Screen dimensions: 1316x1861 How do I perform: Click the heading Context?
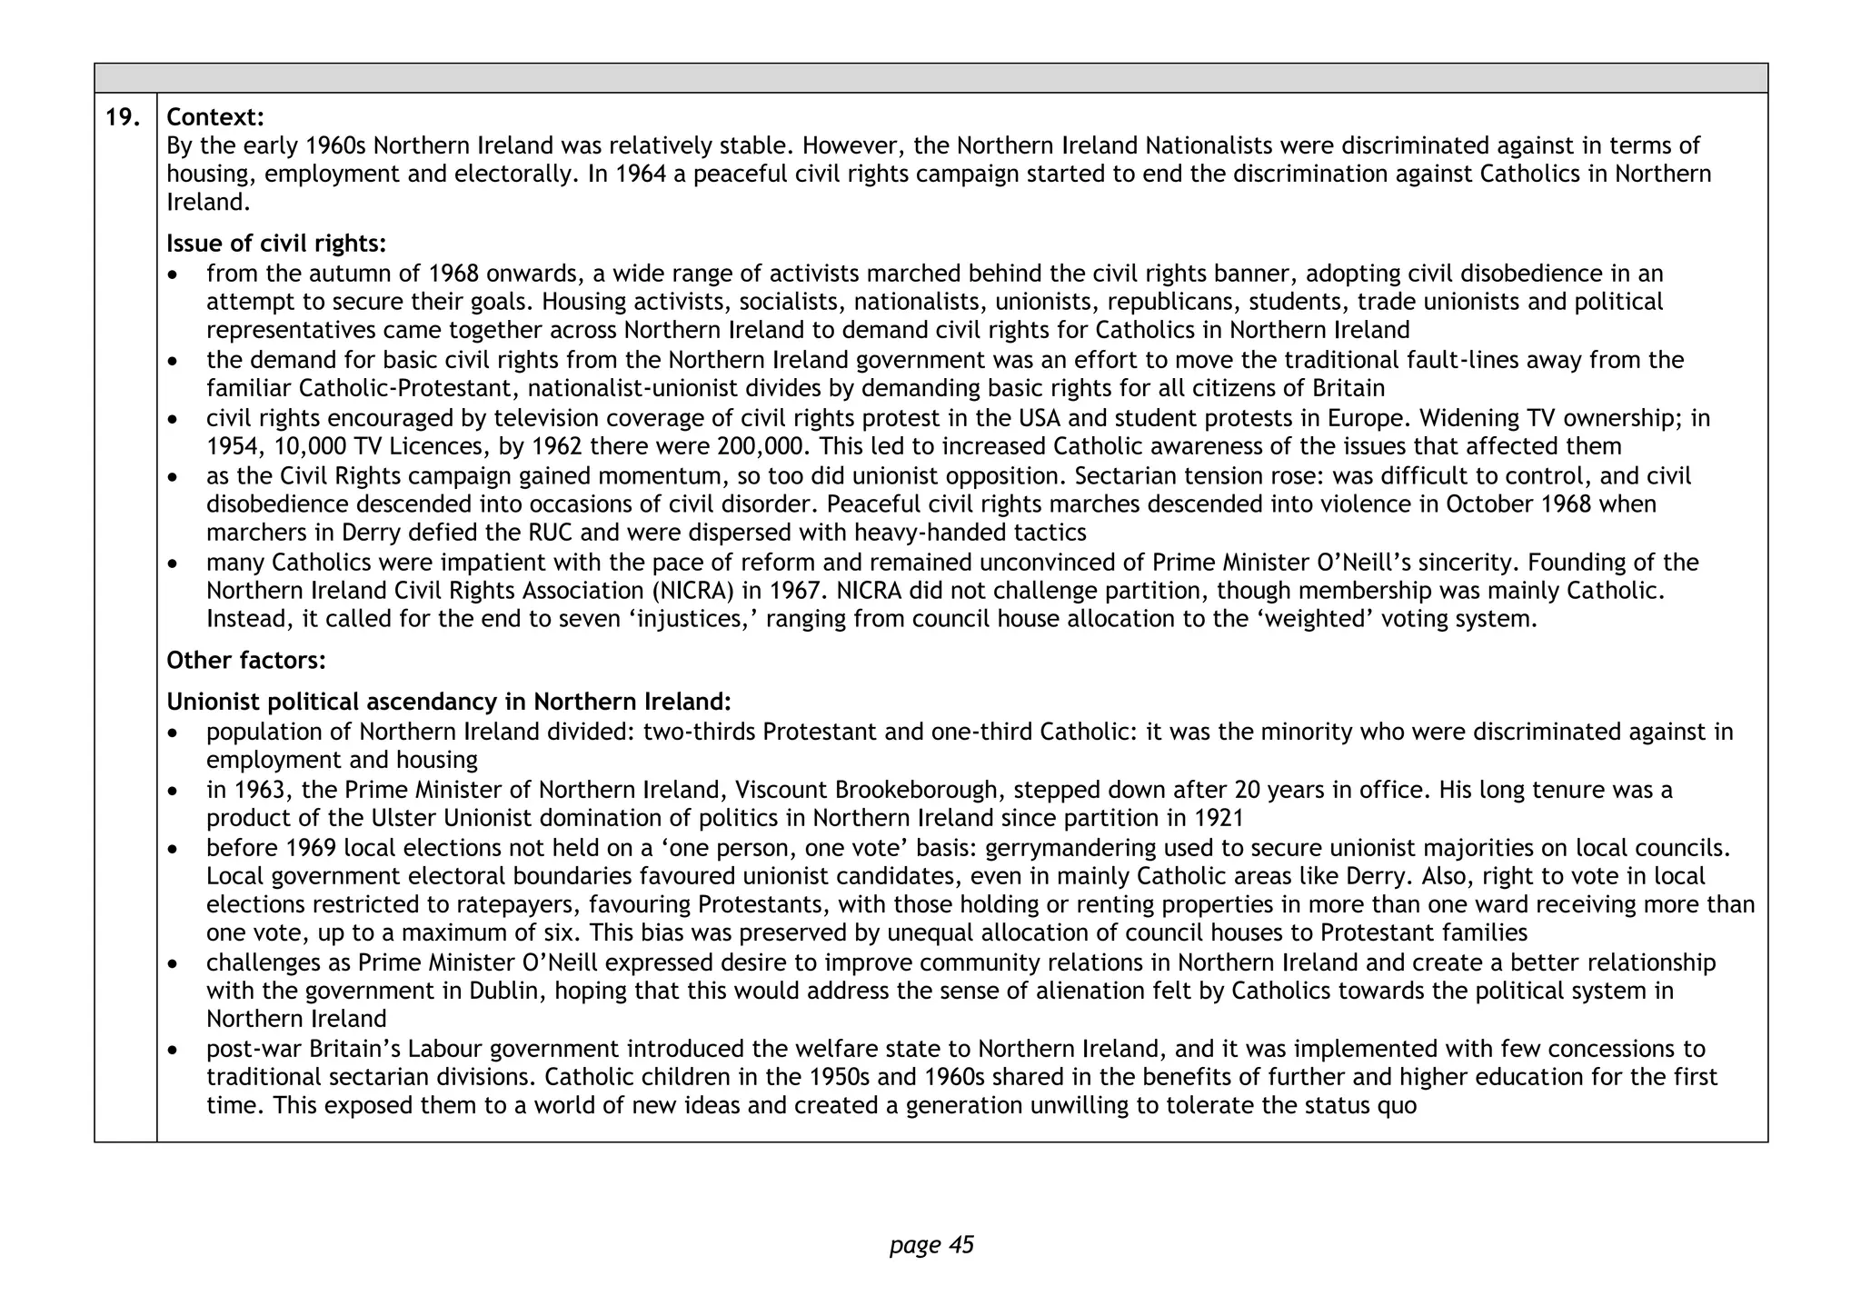[215, 117]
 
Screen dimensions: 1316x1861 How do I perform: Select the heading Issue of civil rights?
[276, 244]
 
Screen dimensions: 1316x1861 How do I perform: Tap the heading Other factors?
[245, 661]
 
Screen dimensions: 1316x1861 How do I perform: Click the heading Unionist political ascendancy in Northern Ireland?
[448, 703]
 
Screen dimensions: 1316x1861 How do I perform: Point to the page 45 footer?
[931, 1244]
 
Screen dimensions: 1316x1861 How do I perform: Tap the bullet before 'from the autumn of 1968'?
[174, 274]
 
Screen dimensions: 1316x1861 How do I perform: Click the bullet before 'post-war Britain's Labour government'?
[174, 1051]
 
